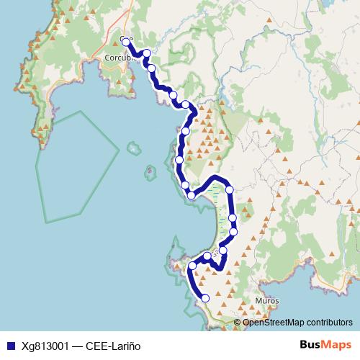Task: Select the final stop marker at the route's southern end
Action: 205,297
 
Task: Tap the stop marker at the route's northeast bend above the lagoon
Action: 230,189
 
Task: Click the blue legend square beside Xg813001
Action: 9,346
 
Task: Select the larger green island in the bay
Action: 132,149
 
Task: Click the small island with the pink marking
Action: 149,172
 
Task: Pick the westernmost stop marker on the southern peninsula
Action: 192,266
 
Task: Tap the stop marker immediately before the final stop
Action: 192,266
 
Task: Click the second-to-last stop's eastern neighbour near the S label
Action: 222,251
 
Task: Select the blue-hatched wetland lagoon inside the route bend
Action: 218,209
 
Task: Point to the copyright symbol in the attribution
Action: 238,323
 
